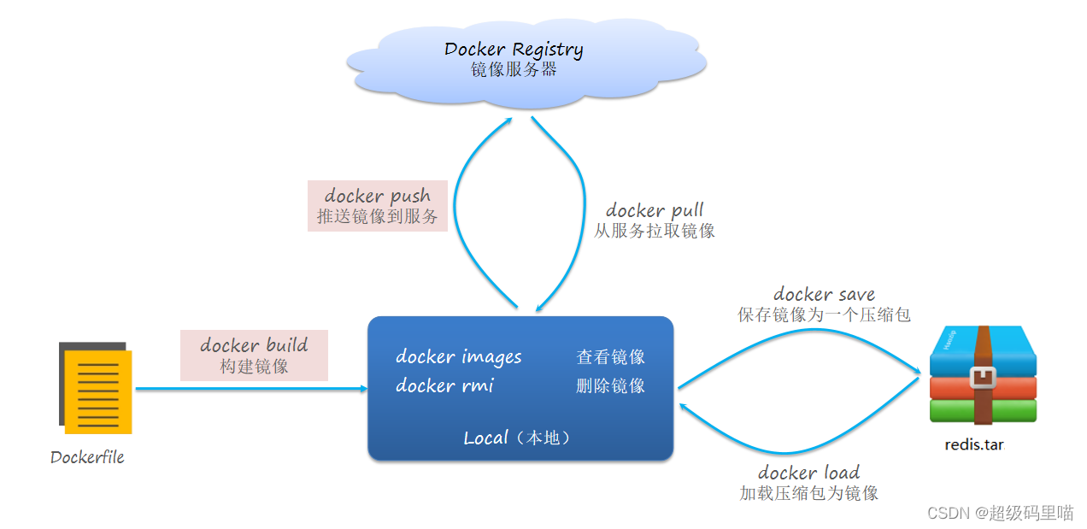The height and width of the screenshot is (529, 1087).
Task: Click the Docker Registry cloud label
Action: [514, 50]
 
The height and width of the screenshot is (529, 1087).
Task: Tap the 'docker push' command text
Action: [378, 196]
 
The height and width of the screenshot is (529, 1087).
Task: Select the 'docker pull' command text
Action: [655, 210]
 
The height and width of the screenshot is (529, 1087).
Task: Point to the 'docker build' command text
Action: [254, 344]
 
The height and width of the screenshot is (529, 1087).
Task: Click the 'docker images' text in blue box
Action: [459, 356]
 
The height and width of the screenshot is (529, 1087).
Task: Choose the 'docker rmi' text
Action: [444, 385]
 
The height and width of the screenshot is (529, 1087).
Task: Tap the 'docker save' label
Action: [824, 294]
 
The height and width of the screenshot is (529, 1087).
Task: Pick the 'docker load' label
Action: [809, 473]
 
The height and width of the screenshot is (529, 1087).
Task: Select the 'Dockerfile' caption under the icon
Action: [87, 457]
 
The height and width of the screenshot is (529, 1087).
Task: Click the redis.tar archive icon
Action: [983, 374]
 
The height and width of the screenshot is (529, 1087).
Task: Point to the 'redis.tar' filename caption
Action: [974, 444]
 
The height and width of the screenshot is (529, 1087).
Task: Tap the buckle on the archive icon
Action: [983, 378]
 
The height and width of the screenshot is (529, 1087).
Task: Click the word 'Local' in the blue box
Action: [485, 438]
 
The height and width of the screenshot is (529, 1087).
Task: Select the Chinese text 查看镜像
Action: [610, 357]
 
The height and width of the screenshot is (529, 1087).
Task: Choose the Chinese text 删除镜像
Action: [610, 385]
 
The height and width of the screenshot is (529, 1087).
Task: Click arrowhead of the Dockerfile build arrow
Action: [364, 388]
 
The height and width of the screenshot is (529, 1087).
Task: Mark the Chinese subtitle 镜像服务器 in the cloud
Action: [514, 69]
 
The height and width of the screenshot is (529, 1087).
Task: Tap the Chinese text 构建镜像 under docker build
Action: [254, 366]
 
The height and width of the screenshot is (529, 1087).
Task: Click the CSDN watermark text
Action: [1000, 513]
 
